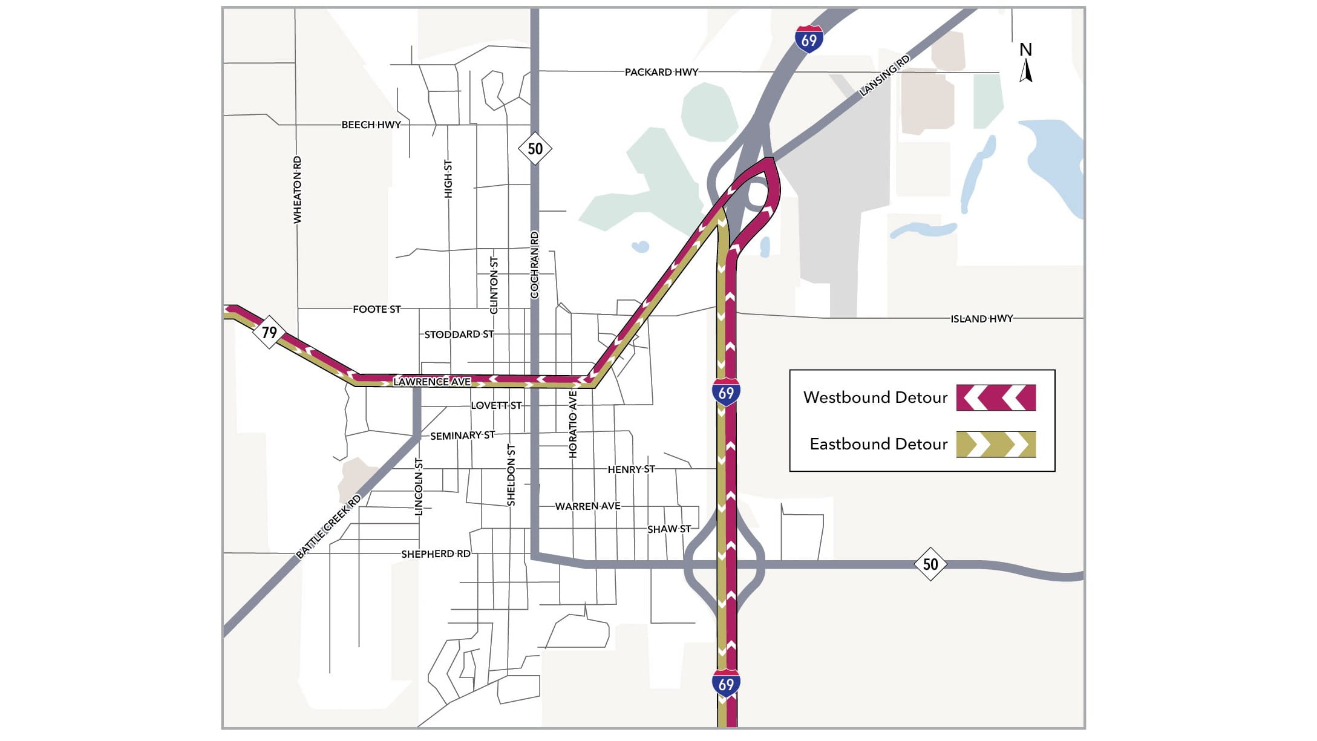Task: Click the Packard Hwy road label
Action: coord(661,72)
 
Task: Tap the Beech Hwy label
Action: coord(371,125)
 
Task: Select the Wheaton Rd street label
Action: coord(297,189)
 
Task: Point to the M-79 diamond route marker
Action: coord(269,332)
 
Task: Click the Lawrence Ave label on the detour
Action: coord(431,382)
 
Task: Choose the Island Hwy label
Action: coord(981,319)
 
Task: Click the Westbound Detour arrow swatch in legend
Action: coord(996,397)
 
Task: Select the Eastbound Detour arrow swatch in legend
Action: coord(996,444)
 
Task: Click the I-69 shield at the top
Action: coord(809,39)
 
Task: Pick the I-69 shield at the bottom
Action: coord(726,684)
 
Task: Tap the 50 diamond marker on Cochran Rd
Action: coord(535,148)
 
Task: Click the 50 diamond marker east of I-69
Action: coord(930,564)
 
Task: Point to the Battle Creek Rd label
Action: coord(328,526)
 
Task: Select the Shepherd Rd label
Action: coord(436,554)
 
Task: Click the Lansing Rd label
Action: coord(884,76)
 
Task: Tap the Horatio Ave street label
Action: coord(573,423)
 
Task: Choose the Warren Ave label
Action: coord(587,506)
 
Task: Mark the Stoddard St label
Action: coord(459,335)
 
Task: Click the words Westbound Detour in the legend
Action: coord(875,397)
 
